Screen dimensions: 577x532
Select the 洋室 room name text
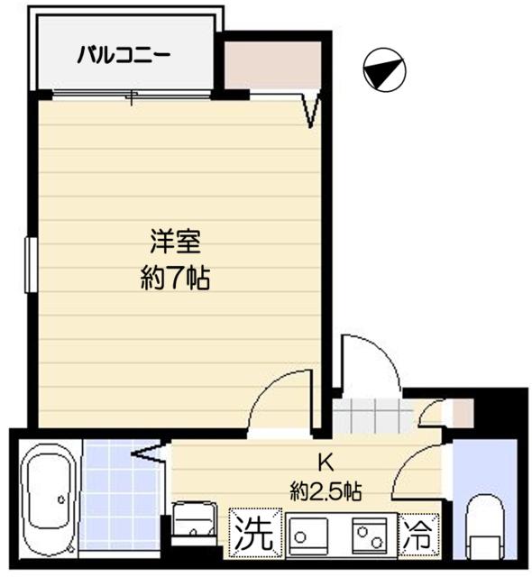pos(175,243)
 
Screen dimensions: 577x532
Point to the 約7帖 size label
pos(175,279)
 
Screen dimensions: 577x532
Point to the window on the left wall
pos(30,264)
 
